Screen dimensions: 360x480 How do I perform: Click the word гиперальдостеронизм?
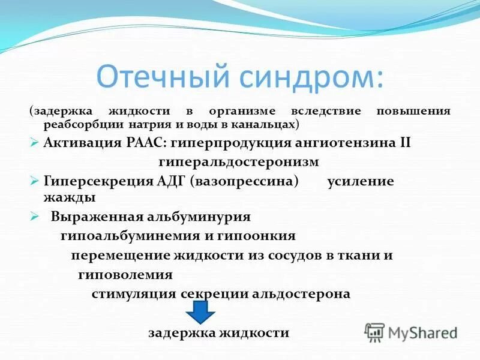pyautogui.click(x=239, y=163)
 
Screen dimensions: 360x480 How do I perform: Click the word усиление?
pyautogui.click(x=360, y=182)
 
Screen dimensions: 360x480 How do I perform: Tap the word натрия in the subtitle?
pyautogui.click(x=147, y=124)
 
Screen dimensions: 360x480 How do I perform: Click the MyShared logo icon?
pyautogui.click(x=374, y=332)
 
